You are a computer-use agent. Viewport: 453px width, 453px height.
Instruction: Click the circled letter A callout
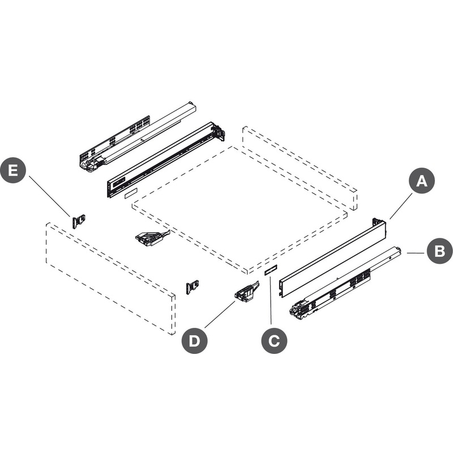[x=422, y=181]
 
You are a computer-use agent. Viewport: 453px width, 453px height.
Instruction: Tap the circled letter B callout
[x=439, y=251]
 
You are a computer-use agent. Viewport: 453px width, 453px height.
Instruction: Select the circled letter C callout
[x=274, y=341]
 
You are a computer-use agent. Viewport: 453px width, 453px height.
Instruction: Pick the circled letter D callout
[x=194, y=341]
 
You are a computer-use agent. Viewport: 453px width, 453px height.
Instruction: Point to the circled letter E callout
[x=13, y=170]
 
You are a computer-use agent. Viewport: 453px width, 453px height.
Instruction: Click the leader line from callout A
[x=401, y=206]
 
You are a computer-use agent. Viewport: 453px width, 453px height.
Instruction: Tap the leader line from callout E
[x=49, y=196]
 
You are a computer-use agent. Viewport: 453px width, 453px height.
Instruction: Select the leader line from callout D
[x=220, y=314]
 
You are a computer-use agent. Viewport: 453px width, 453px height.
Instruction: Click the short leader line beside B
[x=416, y=253]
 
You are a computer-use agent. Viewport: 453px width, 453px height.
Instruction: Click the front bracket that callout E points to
[x=78, y=221]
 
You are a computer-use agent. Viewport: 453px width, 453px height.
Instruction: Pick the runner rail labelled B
[x=345, y=283]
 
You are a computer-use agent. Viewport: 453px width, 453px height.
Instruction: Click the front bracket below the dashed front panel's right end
[x=193, y=287]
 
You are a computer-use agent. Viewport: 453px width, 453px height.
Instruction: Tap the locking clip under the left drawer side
[x=152, y=238]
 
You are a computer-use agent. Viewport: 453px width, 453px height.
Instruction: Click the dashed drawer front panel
[x=110, y=279]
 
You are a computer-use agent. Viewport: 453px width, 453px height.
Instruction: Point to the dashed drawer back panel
[x=300, y=168]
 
